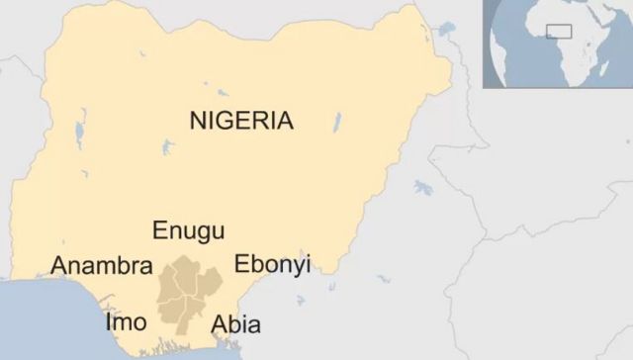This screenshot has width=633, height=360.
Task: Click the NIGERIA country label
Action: (x=241, y=122)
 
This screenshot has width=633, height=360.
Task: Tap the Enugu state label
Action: (x=188, y=231)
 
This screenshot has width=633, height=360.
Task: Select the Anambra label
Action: (x=101, y=266)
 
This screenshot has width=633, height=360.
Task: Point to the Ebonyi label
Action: (x=272, y=264)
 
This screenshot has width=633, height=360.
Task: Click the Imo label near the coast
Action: (x=126, y=322)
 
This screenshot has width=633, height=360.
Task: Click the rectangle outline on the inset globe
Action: (x=560, y=31)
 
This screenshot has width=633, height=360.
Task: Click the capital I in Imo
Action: (x=109, y=322)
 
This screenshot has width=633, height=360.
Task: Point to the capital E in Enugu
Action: (x=159, y=230)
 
